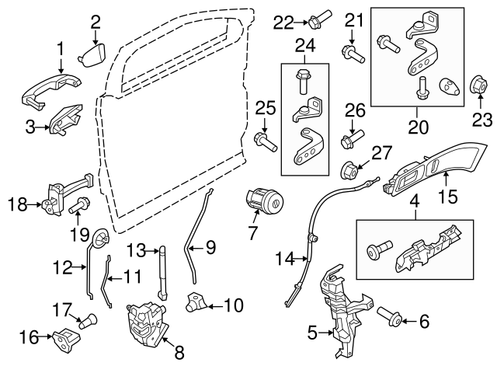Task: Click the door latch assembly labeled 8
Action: [148, 321]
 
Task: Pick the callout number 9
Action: [209, 249]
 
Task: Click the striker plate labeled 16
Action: [62, 336]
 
